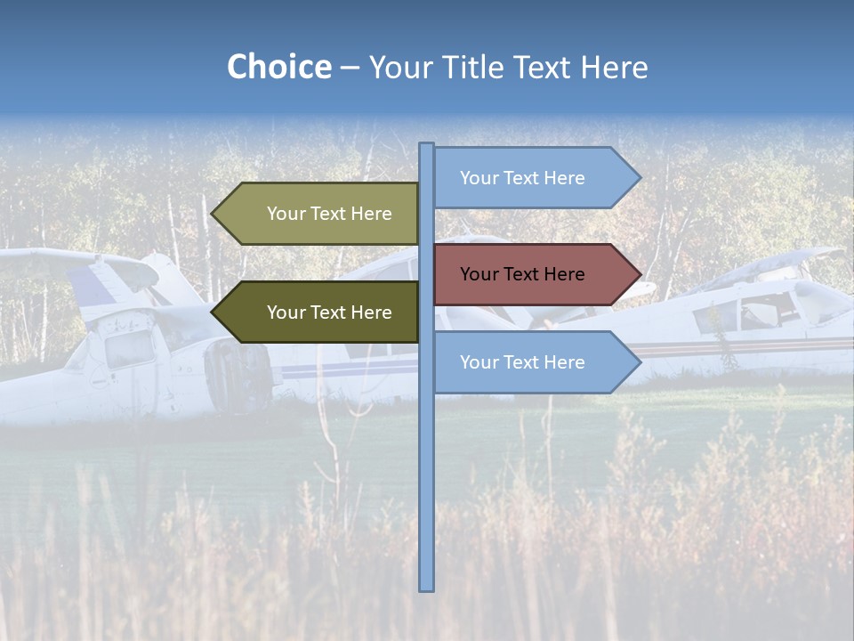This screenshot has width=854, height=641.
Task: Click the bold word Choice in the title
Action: [278, 67]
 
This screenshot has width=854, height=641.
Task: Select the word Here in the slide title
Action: [614, 67]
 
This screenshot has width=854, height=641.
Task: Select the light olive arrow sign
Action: [320, 214]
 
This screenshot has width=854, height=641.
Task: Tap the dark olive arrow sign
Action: [320, 312]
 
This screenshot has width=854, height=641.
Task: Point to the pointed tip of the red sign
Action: [639, 274]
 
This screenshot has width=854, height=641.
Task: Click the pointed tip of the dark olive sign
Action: [213, 312]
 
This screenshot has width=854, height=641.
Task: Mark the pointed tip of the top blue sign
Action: [639, 178]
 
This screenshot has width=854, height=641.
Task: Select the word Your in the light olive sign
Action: [286, 214]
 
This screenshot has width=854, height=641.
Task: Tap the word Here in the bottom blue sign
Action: [563, 362]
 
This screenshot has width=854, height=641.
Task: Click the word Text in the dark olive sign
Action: [329, 312]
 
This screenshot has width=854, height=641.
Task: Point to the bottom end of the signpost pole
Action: [427, 588]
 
